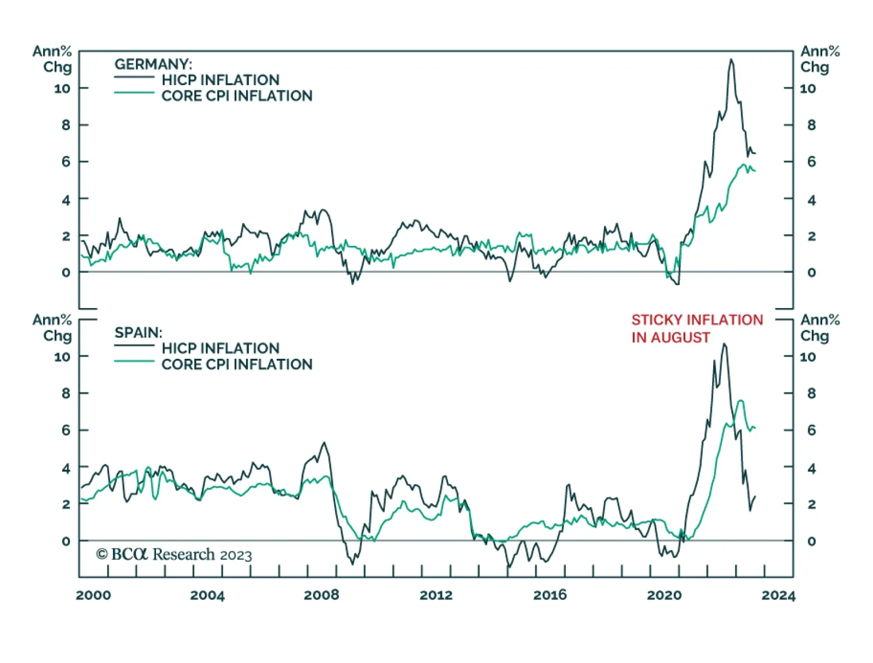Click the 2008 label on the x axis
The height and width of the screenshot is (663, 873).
(x=321, y=595)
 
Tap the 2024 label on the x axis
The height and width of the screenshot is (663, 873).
(x=779, y=595)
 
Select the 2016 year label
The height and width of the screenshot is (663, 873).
(x=550, y=595)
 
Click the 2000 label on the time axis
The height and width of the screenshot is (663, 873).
(x=93, y=595)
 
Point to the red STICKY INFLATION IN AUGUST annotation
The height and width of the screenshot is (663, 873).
(x=697, y=328)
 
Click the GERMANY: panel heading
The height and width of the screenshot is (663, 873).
(x=153, y=64)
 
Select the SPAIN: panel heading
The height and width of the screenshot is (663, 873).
(x=138, y=333)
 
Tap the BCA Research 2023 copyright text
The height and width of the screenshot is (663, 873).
(x=174, y=554)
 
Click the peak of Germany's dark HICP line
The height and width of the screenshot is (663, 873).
(x=731, y=59)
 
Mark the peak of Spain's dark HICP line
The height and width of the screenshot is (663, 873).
(x=724, y=344)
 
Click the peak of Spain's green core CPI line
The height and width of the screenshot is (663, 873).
(x=740, y=401)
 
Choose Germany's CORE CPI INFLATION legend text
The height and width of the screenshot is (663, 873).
(x=237, y=96)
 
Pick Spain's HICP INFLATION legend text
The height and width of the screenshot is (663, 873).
(x=220, y=348)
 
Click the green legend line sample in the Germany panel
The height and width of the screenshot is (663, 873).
(x=134, y=93)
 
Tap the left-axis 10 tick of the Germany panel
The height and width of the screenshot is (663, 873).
(x=62, y=88)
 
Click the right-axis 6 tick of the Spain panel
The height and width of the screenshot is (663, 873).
(x=811, y=430)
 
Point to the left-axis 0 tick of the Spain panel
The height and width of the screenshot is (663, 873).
(x=66, y=541)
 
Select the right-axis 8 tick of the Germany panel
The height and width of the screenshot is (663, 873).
(x=811, y=125)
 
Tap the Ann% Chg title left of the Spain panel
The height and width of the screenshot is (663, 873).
(x=52, y=327)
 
